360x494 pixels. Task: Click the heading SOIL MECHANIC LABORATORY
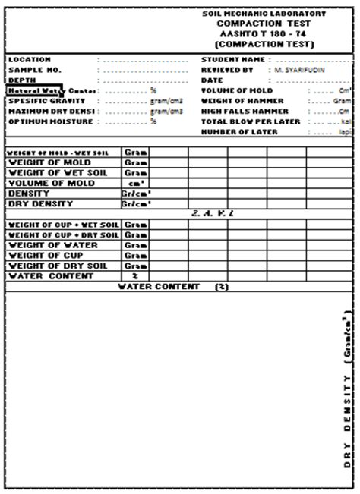coord(264,14)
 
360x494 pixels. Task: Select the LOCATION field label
coord(30,59)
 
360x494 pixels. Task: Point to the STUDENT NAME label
coord(233,59)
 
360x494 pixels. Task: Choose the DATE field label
coord(212,80)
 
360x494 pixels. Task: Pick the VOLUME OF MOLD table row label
coord(51,183)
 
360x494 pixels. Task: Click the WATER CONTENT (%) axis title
coord(173,287)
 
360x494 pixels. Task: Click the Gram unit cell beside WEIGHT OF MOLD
coord(135,162)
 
